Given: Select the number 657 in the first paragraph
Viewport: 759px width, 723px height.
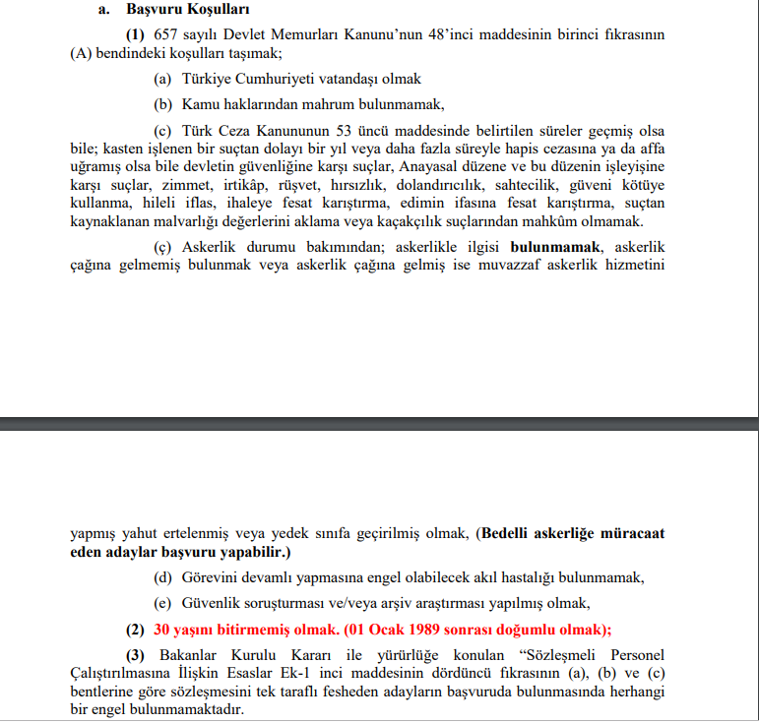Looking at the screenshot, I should tap(154, 33).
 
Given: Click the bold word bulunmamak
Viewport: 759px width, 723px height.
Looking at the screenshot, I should tap(555, 246).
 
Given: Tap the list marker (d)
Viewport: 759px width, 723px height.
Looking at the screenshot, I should tap(163, 577).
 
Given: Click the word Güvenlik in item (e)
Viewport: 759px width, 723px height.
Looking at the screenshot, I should tap(211, 603).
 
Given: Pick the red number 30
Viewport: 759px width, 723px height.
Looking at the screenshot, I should tap(163, 630).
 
